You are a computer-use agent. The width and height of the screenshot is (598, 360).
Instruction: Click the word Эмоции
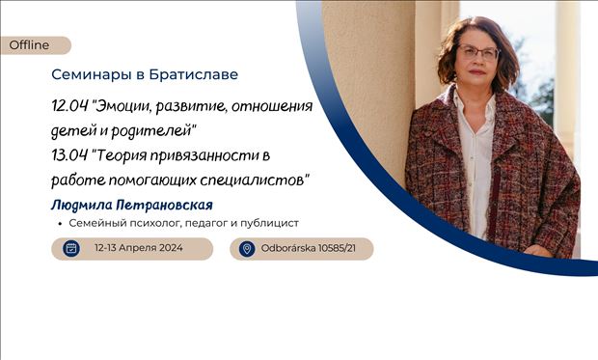coord(128,105)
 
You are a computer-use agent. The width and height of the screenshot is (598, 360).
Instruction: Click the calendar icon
coord(70,249)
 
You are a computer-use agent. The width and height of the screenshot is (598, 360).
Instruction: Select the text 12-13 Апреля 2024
coord(137,249)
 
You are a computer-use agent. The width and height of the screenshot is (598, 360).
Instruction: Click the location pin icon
coord(246,249)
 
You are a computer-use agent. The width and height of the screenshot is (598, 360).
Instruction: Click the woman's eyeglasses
coord(479,53)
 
